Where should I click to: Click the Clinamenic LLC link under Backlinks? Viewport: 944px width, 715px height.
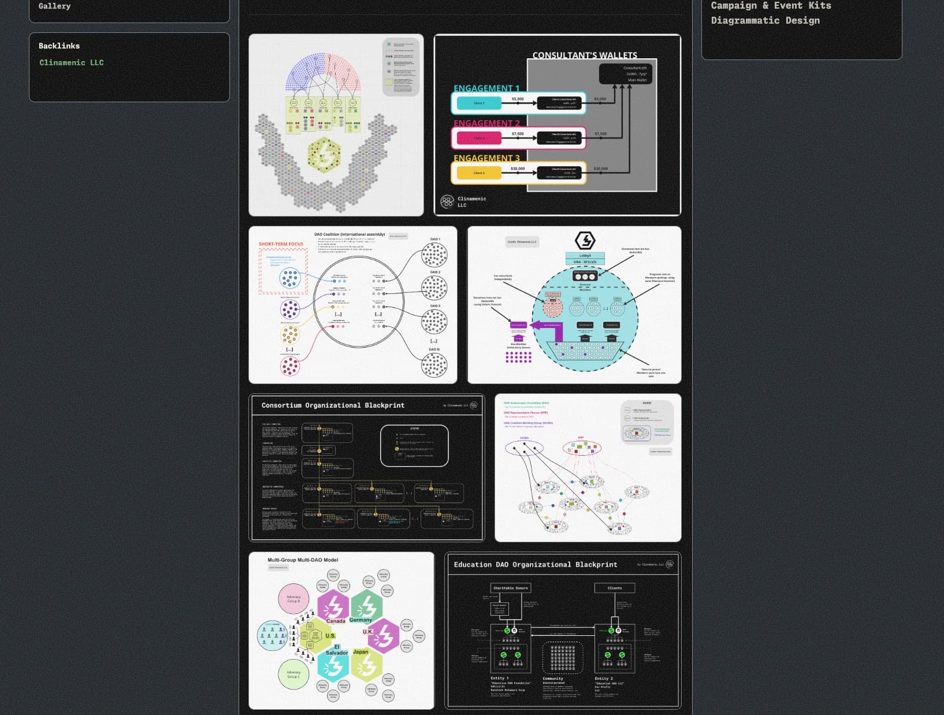pos(71,62)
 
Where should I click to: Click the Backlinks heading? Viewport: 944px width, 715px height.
pos(59,46)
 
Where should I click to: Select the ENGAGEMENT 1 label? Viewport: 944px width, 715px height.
pos(486,88)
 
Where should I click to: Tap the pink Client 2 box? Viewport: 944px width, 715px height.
pos(479,138)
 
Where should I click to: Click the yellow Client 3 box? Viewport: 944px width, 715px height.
pos(479,173)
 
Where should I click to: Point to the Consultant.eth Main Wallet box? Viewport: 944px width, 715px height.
pos(626,74)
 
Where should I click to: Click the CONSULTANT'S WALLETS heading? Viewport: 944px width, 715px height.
pos(585,55)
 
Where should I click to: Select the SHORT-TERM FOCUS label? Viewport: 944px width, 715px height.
pos(281,244)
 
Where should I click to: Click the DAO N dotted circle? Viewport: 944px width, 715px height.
pos(434,365)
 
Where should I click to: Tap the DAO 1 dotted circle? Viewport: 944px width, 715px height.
pos(434,255)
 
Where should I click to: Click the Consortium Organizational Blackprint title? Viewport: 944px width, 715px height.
pos(333,405)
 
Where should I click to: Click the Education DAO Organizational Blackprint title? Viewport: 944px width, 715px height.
pos(535,565)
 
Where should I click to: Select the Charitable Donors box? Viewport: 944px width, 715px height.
pos(510,588)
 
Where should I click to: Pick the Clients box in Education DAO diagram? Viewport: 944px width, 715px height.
pos(615,588)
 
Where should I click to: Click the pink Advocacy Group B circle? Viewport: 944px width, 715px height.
pos(293,599)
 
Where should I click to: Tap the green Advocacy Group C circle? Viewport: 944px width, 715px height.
pos(293,674)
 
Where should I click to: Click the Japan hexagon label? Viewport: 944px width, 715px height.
pos(360,652)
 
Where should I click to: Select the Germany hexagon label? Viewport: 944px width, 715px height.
pos(360,620)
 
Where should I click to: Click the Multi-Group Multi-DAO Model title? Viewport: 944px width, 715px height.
pos(303,560)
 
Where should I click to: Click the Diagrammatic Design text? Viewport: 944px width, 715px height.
pos(765,20)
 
